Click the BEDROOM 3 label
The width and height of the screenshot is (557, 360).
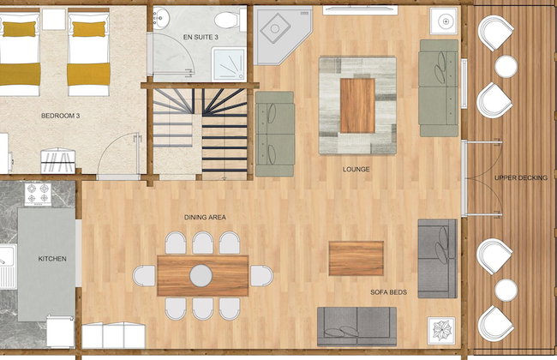pyautogui.click(x=60, y=116)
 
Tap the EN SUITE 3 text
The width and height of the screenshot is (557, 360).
pyautogui.click(x=201, y=37)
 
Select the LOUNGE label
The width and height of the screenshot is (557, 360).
pyautogui.click(x=356, y=169)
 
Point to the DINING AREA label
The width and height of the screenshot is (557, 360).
pyautogui.click(x=205, y=217)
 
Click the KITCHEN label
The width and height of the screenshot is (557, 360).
pyautogui.click(x=52, y=259)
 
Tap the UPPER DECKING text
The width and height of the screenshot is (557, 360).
pyautogui.click(x=521, y=177)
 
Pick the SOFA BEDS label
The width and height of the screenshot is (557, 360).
pyautogui.click(x=389, y=292)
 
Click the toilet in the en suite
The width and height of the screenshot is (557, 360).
pyautogui.click(x=230, y=20)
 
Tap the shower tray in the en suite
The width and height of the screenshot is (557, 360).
pyautogui.click(x=229, y=64)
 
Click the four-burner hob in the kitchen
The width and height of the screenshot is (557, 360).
pyautogui.click(x=38, y=195)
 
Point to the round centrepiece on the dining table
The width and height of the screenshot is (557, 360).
pyautogui.click(x=201, y=275)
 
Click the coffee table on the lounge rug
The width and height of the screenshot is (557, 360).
pyautogui.click(x=357, y=105)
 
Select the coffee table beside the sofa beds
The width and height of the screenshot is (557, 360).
pyautogui.click(x=356, y=258)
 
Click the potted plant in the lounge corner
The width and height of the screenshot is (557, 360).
pyautogui.click(x=440, y=330)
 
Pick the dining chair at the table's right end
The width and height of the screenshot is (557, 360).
pyautogui.click(x=262, y=276)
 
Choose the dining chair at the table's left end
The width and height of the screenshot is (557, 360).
pyautogui.click(x=144, y=276)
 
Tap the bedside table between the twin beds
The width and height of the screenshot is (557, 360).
pyautogui.click(x=54, y=20)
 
